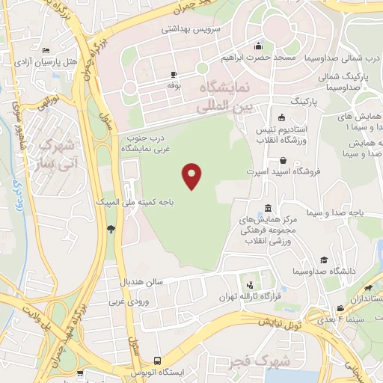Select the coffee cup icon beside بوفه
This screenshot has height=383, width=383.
(174, 74)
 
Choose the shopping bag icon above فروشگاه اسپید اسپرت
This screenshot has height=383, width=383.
(283, 160)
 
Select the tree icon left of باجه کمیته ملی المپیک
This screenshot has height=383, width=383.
(111, 229)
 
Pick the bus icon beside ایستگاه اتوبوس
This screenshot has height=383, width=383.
(156, 360)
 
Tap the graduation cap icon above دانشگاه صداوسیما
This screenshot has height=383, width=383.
(324, 260)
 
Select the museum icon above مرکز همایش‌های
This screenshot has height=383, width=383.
(269, 208)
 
